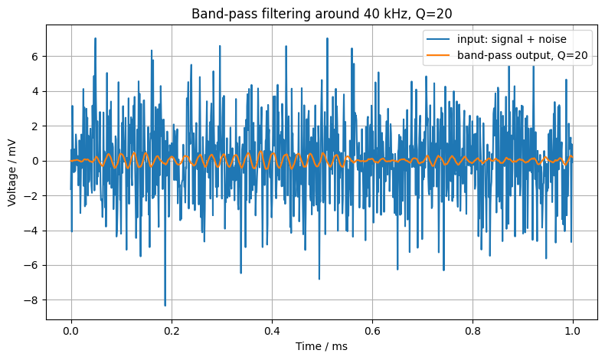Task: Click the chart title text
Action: coord(322,14)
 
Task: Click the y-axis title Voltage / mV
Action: coord(11,172)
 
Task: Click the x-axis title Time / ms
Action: coord(322,346)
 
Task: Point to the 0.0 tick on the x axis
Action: coord(71,331)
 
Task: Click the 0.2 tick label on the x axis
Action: coord(172,331)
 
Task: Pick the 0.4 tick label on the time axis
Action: coord(272,331)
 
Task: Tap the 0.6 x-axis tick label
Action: coord(372,331)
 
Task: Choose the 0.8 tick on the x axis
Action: coord(473,331)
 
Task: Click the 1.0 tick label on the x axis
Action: coord(573,331)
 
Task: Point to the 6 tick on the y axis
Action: coord(36,57)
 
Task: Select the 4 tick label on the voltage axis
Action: coord(36,91)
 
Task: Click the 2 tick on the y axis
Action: coord(36,126)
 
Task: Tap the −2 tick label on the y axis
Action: coord(32,196)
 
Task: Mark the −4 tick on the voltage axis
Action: coord(32,231)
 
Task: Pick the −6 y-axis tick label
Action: coord(32,266)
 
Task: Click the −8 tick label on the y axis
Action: coord(32,300)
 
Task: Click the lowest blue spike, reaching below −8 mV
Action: coord(165,304)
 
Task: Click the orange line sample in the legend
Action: coord(438,56)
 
